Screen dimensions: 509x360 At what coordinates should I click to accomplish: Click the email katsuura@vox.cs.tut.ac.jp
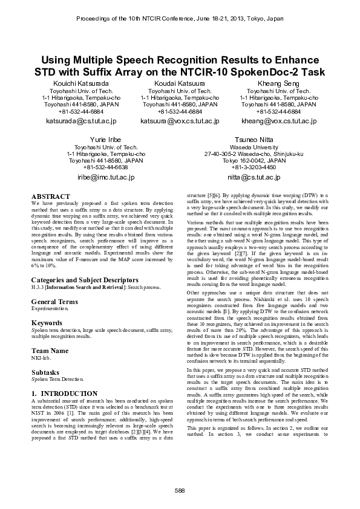180,121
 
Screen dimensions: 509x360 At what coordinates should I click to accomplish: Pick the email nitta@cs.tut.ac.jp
254,178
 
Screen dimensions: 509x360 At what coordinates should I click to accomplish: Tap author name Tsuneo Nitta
254,139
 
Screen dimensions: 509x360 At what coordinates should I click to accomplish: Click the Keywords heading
47,323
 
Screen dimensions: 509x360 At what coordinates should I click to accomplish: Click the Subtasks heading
46,372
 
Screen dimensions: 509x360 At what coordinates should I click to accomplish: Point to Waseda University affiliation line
254,146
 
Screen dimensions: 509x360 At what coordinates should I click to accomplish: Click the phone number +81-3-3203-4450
254,167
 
